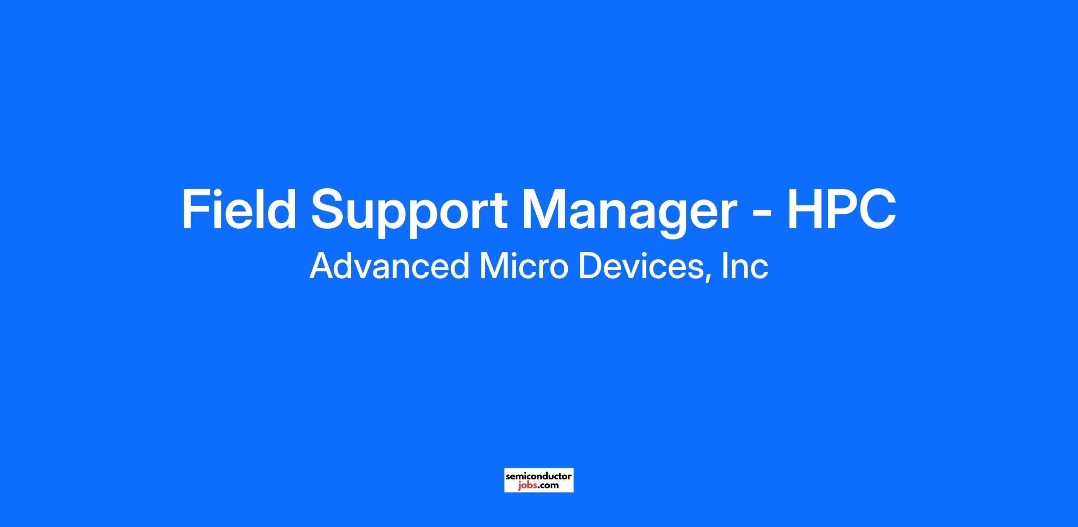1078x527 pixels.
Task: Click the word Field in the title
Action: click(239, 209)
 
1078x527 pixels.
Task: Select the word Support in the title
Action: click(409, 213)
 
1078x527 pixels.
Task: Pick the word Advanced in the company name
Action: click(389, 266)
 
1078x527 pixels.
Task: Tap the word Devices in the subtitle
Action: click(641, 266)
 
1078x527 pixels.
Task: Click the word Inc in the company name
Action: click(745, 266)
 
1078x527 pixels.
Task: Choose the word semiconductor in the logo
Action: click(539, 476)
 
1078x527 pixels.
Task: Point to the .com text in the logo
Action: click(548, 486)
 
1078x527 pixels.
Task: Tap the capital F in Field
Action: click(196, 209)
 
